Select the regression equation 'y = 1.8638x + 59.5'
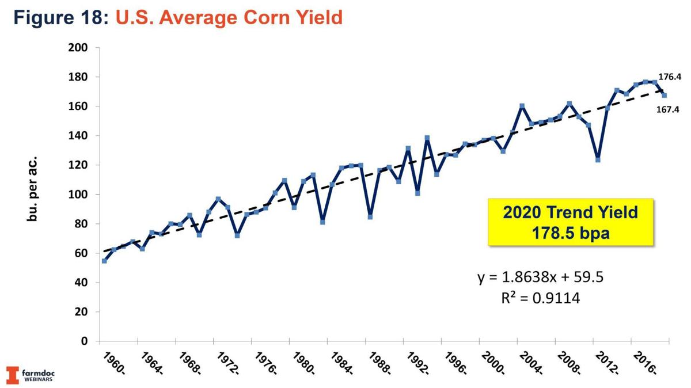pyautogui.click(x=540, y=279)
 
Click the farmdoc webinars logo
pyautogui.click(x=31, y=375)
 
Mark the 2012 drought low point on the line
pyautogui.click(x=598, y=160)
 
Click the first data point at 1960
pyautogui.click(x=104, y=261)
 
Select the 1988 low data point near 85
pyautogui.click(x=370, y=217)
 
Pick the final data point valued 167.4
pyautogui.click(x=664, y=95)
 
